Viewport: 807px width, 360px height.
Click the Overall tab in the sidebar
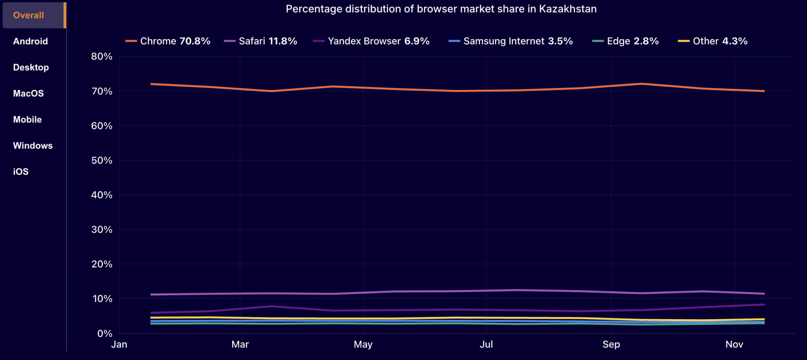point(29,15)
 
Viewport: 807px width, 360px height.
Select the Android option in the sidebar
point(30,41)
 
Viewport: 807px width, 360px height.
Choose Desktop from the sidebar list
point(31,67)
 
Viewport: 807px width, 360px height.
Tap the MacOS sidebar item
point(28,94)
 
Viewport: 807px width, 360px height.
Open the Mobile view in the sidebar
point(27,119)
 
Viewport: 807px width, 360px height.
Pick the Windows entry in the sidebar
point(33,146)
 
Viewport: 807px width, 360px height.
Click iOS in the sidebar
point(21,172)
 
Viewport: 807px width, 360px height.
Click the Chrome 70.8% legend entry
point(168,41)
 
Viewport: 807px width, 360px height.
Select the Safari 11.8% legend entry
point(261,41)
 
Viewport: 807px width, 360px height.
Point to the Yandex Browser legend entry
point(371,41)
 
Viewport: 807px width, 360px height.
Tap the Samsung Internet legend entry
point(511,41)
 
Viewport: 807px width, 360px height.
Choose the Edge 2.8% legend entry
point(625,41)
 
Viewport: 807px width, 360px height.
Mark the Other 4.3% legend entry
point(713,41)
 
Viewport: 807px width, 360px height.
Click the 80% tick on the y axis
point(102,57)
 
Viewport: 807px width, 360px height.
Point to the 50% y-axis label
point(102,161)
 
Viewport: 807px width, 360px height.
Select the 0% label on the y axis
point(105,334)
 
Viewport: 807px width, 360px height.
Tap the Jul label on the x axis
point(486,344)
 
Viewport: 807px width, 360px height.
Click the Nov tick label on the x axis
point(734,344)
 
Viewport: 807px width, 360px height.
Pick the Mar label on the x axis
point(240,344)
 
